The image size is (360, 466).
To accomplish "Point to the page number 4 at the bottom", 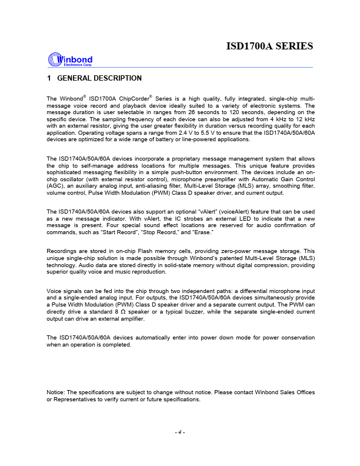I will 180,432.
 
